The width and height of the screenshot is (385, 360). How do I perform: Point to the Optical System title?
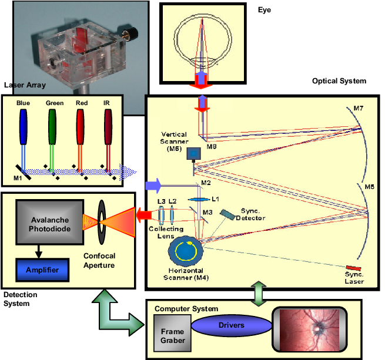(x=339, y=81)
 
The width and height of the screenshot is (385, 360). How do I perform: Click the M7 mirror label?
(x=359, y=109)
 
